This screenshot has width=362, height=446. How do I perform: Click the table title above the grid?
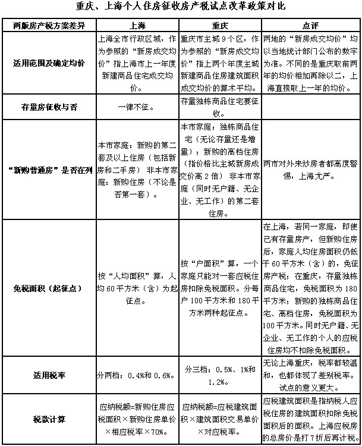[x=181, y=7]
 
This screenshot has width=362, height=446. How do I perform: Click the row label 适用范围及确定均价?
[x=48, y=62]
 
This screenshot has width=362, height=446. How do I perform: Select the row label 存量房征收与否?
[x=48, y=108]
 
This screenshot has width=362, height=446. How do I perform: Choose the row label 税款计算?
[x=48, y=419]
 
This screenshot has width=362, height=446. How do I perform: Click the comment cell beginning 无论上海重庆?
[x=310, y=375]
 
